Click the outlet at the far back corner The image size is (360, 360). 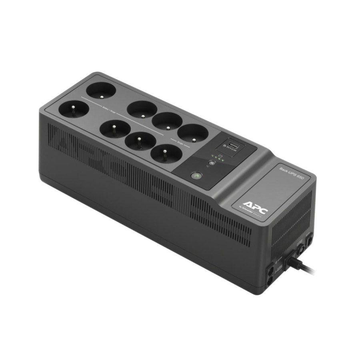point(101,91)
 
